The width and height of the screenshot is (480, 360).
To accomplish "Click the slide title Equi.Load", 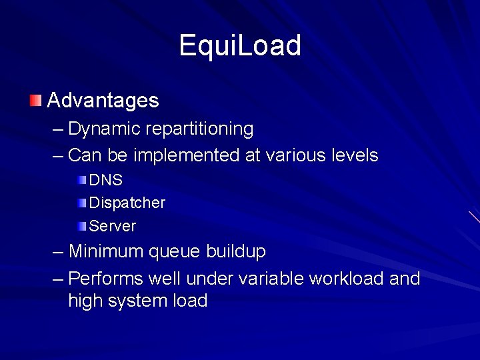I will coord(240,46).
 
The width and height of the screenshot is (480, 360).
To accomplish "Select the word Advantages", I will coord(103,101).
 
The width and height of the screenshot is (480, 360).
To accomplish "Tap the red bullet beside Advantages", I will coord(35,101).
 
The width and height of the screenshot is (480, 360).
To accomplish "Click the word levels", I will coord(353,156).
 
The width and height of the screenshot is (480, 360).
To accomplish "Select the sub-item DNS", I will coord(105,180).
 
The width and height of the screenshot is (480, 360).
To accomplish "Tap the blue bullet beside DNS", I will coord(81,180).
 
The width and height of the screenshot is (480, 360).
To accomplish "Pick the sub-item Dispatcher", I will coord(127,203).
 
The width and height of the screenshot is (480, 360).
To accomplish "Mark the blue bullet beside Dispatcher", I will coord(81,203).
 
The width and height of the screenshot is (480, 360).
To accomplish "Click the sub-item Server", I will coord(112,226).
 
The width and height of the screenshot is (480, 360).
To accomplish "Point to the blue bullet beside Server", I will coord(81,226).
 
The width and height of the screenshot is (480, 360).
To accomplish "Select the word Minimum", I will coord(106,252).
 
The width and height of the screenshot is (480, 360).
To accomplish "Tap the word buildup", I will coord(236,252).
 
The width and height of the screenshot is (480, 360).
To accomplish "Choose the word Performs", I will coord(105,278).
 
